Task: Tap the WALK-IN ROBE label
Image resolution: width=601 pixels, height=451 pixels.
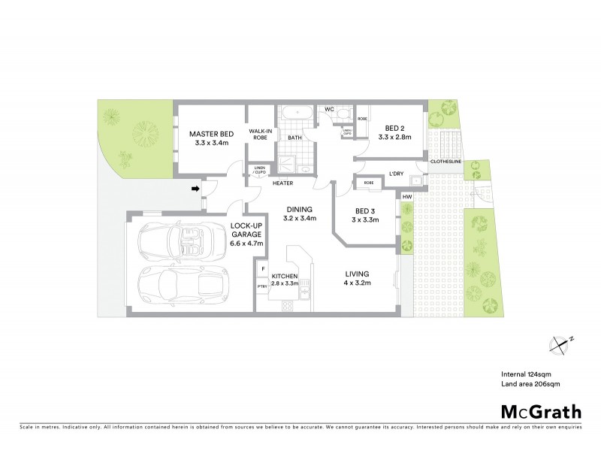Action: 261,134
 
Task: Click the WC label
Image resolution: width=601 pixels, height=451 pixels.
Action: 329,110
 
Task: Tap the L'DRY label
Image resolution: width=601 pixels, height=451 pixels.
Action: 396,175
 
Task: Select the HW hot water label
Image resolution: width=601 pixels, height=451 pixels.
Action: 407,197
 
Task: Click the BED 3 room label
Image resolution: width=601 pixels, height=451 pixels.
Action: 365,215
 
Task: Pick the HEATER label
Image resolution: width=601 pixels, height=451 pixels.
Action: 282,183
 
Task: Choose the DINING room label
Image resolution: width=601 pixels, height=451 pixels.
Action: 298,214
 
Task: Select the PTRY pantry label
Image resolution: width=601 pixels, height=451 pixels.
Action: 262,286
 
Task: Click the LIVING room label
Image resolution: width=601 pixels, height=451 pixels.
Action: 358,278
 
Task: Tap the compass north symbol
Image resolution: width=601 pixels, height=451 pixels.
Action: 560,344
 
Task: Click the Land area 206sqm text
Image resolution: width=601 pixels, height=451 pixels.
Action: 530,384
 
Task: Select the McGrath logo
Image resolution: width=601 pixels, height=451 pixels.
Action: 540,410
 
